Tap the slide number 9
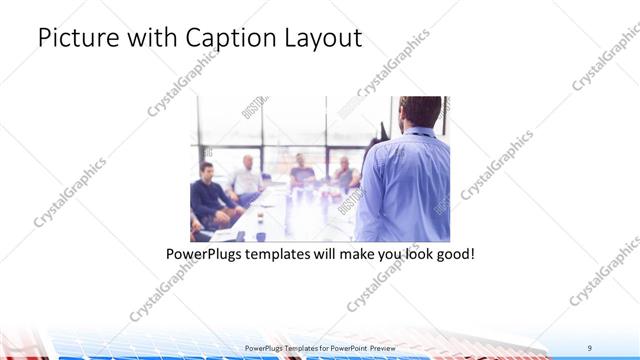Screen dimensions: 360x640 pyautogui.click(x=590, y=347)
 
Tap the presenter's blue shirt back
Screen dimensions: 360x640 pyautogui.click(x=405, y=185)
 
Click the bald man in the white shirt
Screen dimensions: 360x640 pyautogui.click(x=246, y=175)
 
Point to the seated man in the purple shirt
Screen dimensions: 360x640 pyautogui.click(x=301, y=172)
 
